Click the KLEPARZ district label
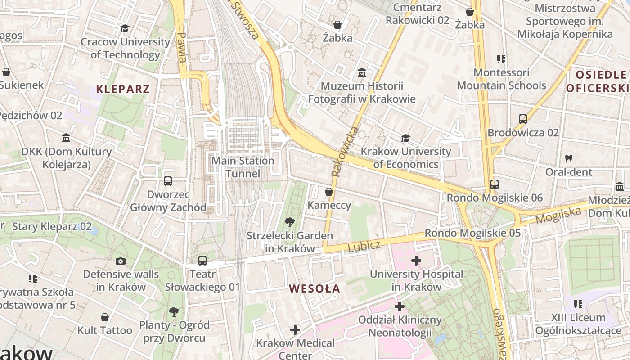pyautogui.click(x=122, y=89)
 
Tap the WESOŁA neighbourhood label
pyautogui.click(x=315, y=288)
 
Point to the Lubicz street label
pyautogui.click(x=364, y=246)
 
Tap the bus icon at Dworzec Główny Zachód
pyautogui.click(x=168, y=181)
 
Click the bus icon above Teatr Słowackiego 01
pyautogui.click(x=202, y=260)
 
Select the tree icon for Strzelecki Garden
pyautogui.click(x=290, y=222)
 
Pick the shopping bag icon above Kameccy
pyautogui.click(x=329, y=192)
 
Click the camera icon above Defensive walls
pyautogui.click(x=120, y=261)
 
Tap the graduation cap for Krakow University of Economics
pyautogui.click(x=405, y=138)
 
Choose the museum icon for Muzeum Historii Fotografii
pyautogui.click(x=361, y=72)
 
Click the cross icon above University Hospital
pyautogui.click(x=416, y=260)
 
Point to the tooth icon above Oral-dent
pyautogui.click(x=568, y=158)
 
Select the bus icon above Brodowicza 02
pyautogui.click(x=523, y=119)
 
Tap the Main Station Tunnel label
pyautogui.click(x=243, y=167)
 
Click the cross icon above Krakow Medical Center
pyautogui.click(x=295, y=330)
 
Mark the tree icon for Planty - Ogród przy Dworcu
pyautogui.click(x=174, y=311)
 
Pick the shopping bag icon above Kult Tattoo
pyautogui.click(x=105, y=317)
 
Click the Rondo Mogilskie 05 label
pyautogui.click(x=472, y=233)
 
